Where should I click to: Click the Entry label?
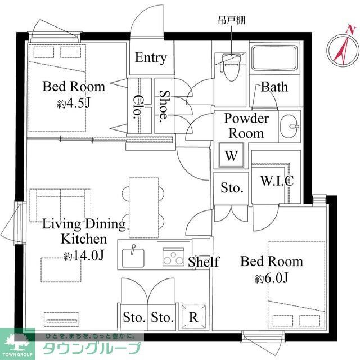151,57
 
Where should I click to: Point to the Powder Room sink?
290,125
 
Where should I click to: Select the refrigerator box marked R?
193,317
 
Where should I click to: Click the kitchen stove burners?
173,257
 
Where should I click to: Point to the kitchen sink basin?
133,256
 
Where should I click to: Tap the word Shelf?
203,262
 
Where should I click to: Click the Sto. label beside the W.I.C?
231,188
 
